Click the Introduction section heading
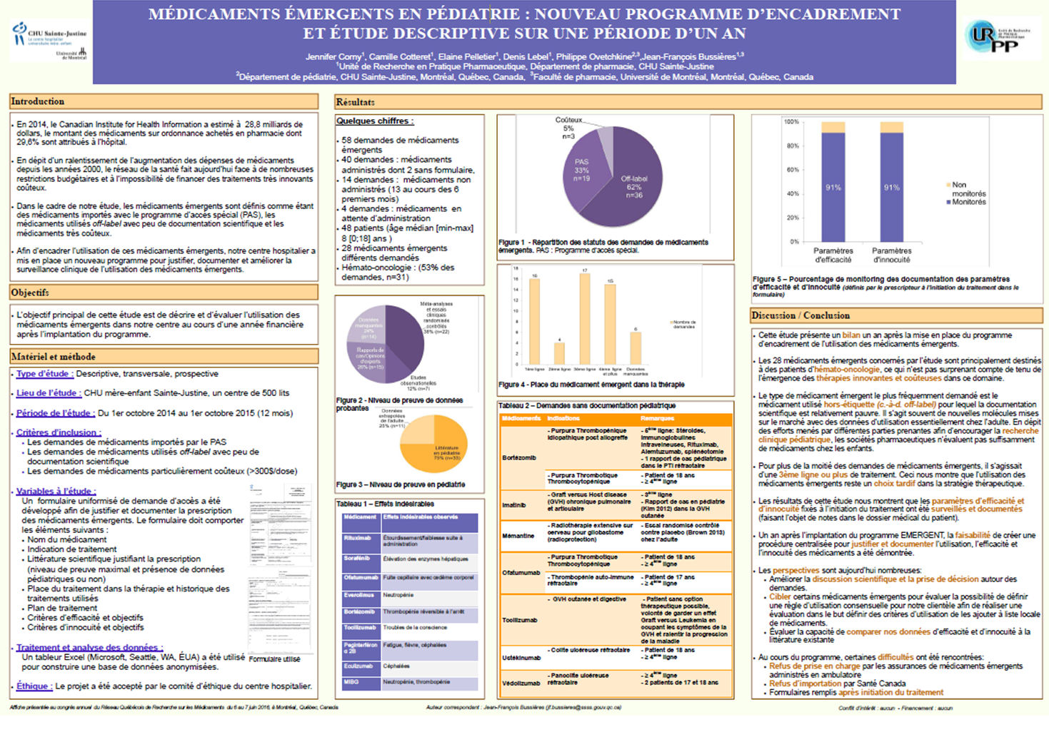coord(38,102)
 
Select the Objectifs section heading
coord(30,293)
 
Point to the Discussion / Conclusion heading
coord(800,315)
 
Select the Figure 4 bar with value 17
coord(585,320)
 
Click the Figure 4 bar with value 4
coord(560,353)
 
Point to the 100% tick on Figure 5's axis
coord(792,122)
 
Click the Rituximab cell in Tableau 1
coord(357,538)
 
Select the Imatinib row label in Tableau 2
coord(514,504)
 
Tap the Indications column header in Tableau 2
coord(563,419)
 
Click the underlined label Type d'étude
coord(44,374)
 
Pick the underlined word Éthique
coord(33,686)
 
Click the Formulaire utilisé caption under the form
coord(275,659)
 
